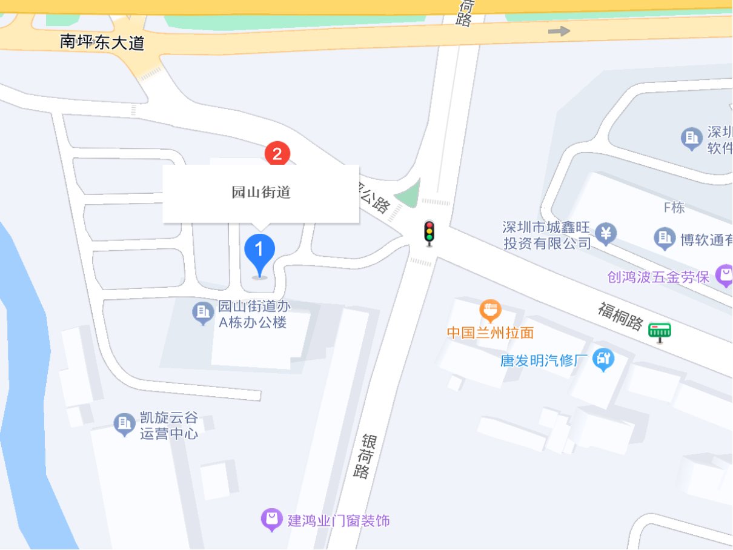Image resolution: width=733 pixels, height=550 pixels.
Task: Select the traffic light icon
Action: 430,233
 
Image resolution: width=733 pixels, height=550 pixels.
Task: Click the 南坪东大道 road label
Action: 102,42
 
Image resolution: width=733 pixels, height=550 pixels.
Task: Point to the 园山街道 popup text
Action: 261,193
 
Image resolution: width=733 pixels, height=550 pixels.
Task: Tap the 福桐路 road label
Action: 620,317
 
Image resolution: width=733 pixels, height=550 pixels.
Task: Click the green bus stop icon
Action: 660,331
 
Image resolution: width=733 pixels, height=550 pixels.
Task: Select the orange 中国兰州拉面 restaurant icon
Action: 490,310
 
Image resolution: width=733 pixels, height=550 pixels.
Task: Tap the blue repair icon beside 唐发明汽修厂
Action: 603,359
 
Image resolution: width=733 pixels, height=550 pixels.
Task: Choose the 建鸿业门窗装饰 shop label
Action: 339,520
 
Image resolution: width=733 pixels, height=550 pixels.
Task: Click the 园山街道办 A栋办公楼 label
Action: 253,313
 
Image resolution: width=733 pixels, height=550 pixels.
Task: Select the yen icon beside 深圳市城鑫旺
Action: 605,233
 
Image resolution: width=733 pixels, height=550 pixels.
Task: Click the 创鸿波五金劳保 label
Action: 658,277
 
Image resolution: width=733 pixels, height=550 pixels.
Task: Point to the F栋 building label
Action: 674,208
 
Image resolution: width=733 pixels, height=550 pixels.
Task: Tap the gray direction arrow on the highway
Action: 559,31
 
